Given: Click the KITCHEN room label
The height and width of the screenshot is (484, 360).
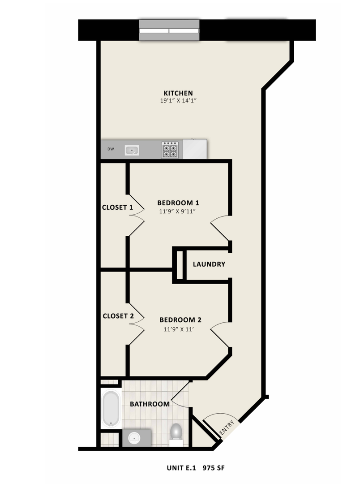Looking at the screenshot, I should pos(178,93).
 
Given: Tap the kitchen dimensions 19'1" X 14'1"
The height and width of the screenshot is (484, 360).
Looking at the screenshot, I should pos(178,102).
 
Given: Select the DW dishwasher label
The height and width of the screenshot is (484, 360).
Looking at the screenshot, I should pos(110,149).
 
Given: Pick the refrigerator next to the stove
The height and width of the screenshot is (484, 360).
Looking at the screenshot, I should pos(195,149).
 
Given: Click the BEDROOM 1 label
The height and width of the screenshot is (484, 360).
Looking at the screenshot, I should pos(178,203).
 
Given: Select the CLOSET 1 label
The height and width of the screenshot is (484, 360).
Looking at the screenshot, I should pos(117,207).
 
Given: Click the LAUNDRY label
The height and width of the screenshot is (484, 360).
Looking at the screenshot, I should pos(209,264).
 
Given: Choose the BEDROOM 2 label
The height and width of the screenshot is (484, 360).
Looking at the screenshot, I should pos(180,320).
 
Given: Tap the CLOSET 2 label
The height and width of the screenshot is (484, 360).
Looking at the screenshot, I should pos(118,316).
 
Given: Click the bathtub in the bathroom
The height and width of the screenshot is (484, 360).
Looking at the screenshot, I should pos(111,409).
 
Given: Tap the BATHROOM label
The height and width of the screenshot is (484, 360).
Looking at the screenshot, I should pos(150,404).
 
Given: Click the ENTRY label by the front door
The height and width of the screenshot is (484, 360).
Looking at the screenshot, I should pos(227,428).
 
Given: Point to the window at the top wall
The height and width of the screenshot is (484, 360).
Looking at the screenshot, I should pos(169,30).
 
